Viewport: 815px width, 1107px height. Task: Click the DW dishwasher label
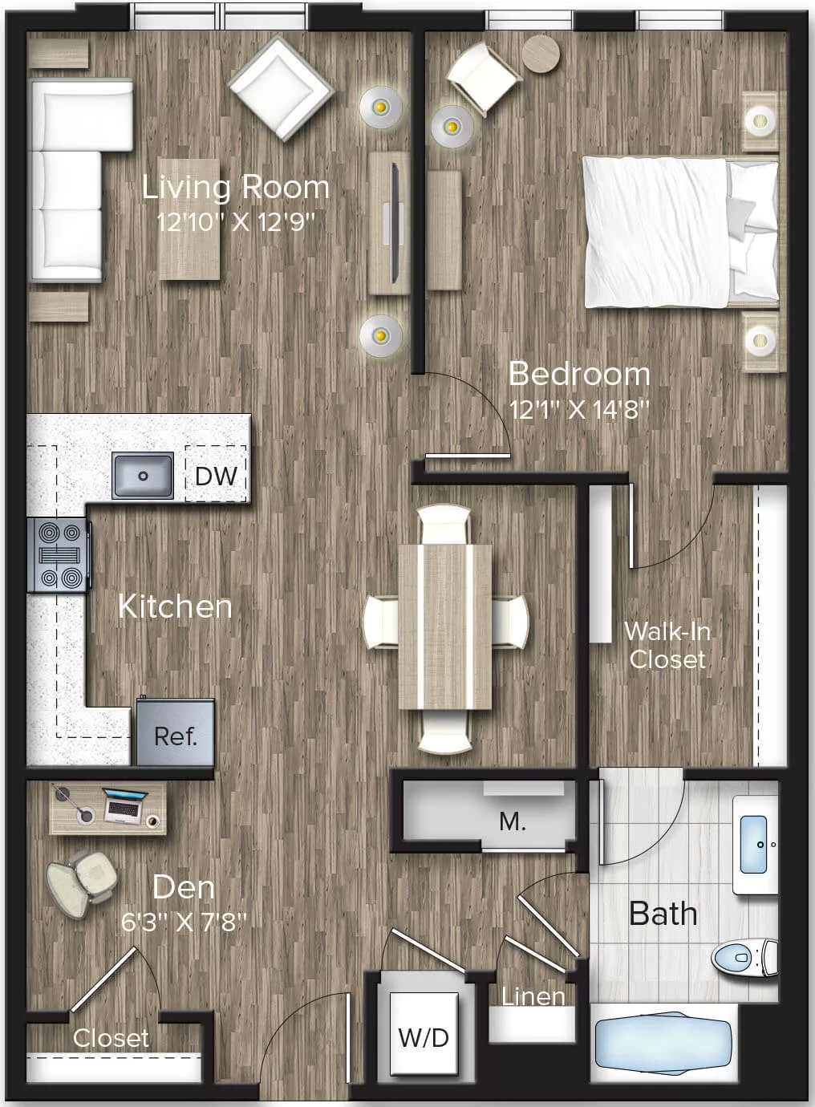point(216,475)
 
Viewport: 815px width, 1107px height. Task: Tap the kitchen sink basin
point(143,475)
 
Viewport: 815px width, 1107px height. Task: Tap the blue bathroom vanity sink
point(753,844)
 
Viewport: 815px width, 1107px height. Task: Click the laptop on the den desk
point(124,805)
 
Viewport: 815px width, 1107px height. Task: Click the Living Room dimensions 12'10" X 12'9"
point(235,222)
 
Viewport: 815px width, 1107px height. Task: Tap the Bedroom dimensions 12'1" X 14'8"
point(579,410)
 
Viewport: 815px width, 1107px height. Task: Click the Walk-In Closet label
point(667,646)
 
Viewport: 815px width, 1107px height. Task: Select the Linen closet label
point(533,996)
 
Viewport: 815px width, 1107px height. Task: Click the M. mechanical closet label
point(512,821)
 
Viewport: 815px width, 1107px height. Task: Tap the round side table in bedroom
point(541,54)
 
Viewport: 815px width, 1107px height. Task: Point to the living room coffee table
point(189,218)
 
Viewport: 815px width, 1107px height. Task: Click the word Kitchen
point(175,606)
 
